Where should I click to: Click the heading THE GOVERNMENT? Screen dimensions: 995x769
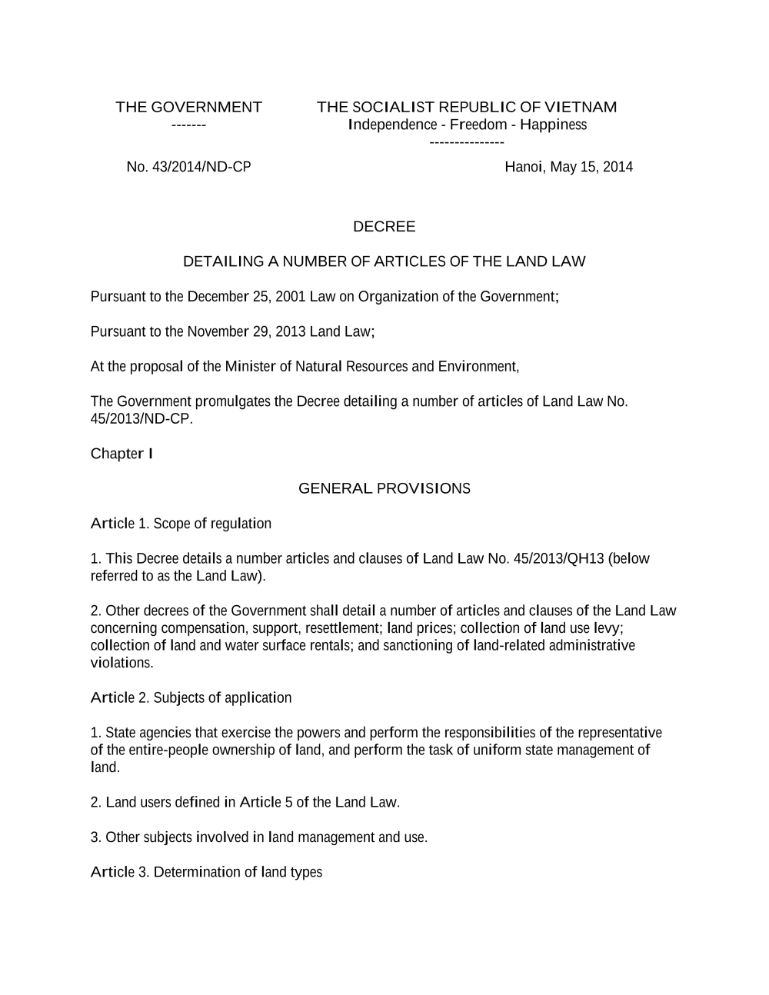pyautogui.click(x=188, y=107)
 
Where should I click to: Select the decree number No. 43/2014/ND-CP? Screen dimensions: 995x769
pyautogui.click(x=188, y=167)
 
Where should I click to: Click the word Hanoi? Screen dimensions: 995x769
pyautogui.click(x=524, y=167)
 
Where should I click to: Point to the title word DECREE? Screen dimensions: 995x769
pyautogui.click(x=384, y=227)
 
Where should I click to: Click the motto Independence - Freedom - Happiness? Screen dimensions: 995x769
pyautogui.click(x=468, y=125)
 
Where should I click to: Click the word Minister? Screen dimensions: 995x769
pyautogui.click(x=250, y=367)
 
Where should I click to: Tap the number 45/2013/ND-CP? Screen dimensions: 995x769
pyautogui.click(x=140, y=419)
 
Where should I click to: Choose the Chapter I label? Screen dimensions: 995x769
pyautogui.click(x=122, y=454)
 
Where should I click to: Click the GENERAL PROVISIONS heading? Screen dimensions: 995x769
pyautogui.click(x=384, y=488)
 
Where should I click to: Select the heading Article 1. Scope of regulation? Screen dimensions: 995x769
pyautogui.click(x=181, y=524)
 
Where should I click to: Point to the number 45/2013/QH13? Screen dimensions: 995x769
pyautogui.click(x=557, y=558)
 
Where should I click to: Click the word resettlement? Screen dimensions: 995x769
pyautogui.click(x=338, y=628)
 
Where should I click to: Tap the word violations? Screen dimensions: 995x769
pyautogui.click(x=122, y=663)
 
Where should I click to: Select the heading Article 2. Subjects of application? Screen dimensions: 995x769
pyautogui.click(x=191, y=697)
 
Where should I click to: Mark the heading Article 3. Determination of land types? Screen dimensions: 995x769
pyautogui.click(x=206, y=872)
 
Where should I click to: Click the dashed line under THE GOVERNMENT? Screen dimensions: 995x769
pyautogui.click(x=188, y=125)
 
